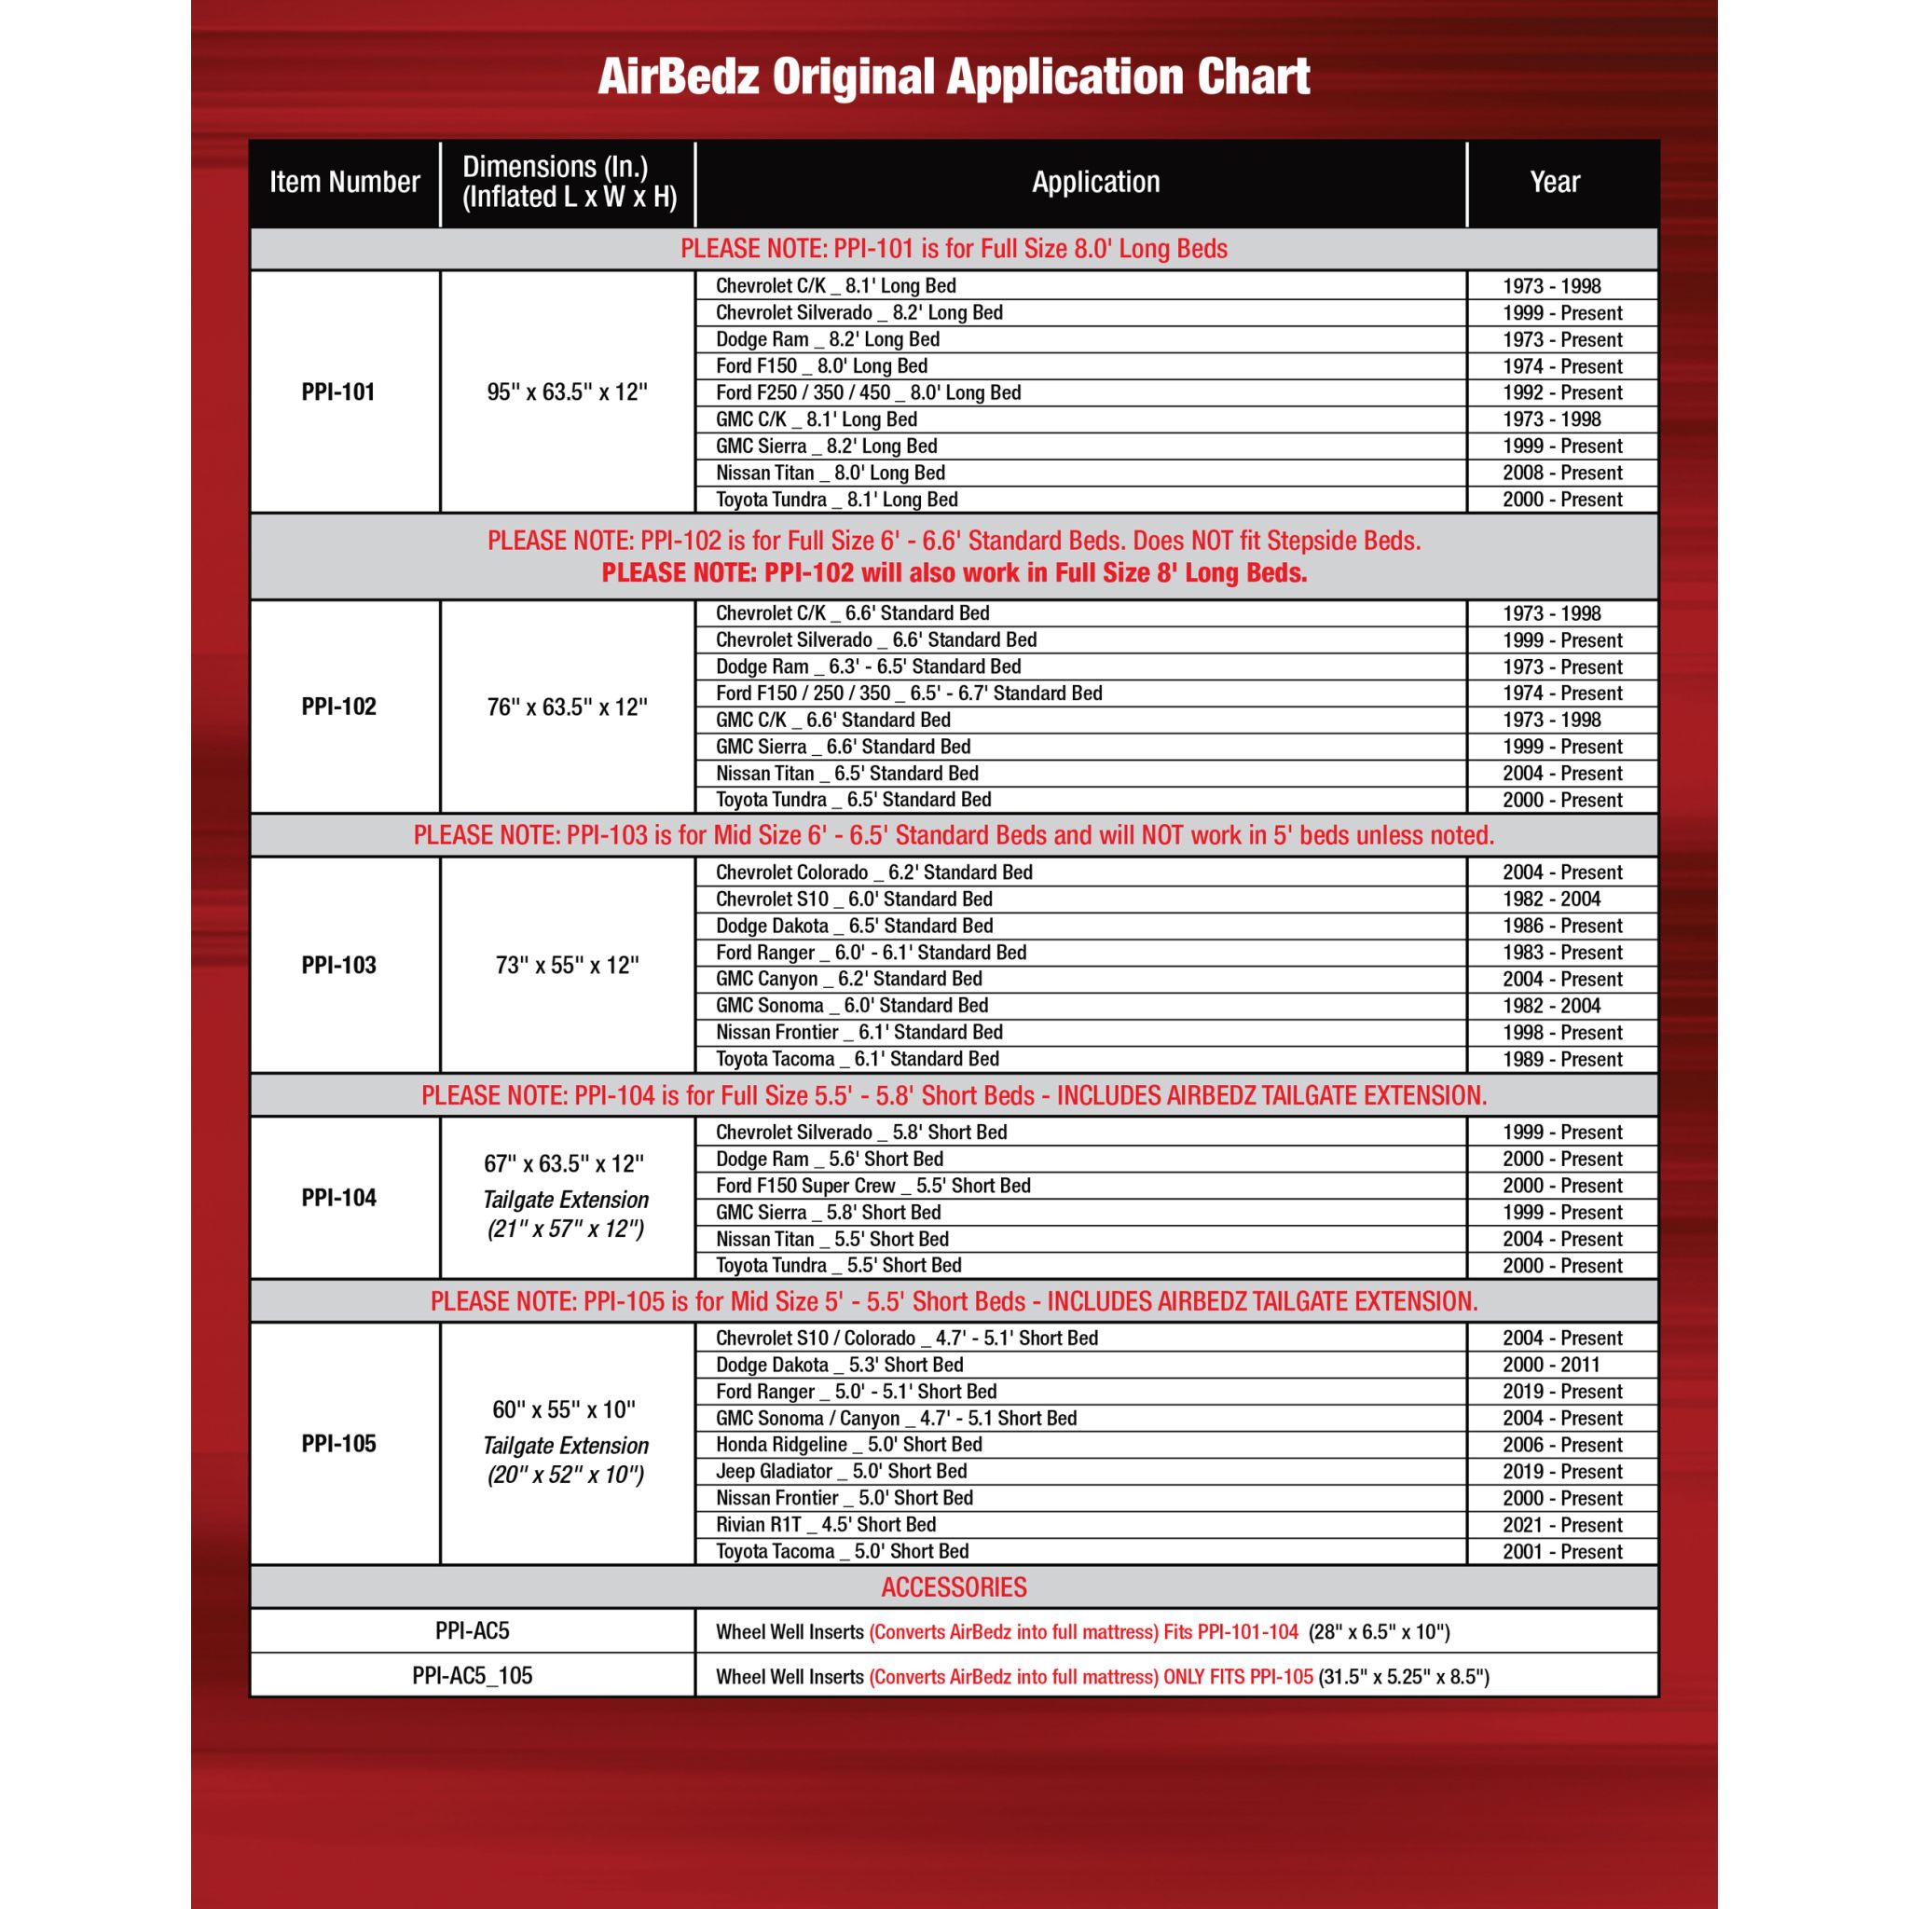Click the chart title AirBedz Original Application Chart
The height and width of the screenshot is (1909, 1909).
click(954, 77)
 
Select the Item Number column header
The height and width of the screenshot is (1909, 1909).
click(344, 182)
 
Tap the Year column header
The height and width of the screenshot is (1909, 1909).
click(1554, 182)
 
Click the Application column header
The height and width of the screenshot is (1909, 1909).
click(1095, 182)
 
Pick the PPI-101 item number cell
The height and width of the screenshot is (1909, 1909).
click(338, 392)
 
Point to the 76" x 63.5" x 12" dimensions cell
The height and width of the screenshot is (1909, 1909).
click(566, 707)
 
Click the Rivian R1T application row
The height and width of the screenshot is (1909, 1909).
click(825, 1525)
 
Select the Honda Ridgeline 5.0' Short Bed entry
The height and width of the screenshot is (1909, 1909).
click(849, 1445)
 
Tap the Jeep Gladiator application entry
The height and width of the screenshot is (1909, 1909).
click(841, 1471)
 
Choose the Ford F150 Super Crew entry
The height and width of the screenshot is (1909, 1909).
click(872, 1186)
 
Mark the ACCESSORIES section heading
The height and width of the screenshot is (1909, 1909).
click(954, 1587)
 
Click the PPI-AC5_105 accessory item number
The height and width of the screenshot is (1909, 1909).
click(472, 1676)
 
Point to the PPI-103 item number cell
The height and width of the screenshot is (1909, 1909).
click(338, 966)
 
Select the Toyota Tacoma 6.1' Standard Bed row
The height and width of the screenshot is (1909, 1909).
click(857, 1059)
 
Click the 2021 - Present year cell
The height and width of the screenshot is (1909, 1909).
click(1561, 1525)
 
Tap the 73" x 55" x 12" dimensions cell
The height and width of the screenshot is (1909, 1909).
click(566, 966)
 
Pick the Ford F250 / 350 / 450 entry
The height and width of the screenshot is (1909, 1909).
click(868, 392)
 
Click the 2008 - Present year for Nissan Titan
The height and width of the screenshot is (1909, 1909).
click(1561, 473)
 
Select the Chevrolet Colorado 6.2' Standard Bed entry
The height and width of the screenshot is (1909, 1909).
click(873, 872)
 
